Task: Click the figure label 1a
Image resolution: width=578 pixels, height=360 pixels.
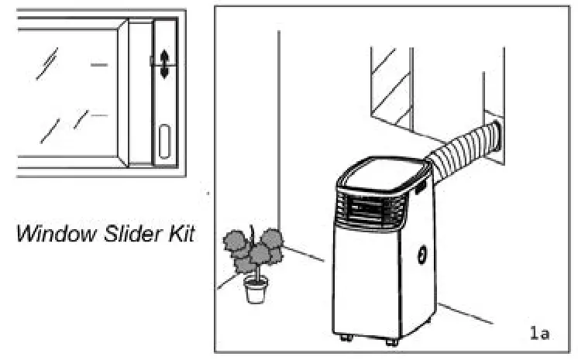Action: [x=539, y=333]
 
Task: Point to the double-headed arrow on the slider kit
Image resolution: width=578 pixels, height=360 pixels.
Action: [x=164, y=63]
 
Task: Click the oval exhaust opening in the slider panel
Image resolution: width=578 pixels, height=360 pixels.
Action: [x=164, y=142]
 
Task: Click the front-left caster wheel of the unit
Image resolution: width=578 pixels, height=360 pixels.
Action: [x=345, y=337]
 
